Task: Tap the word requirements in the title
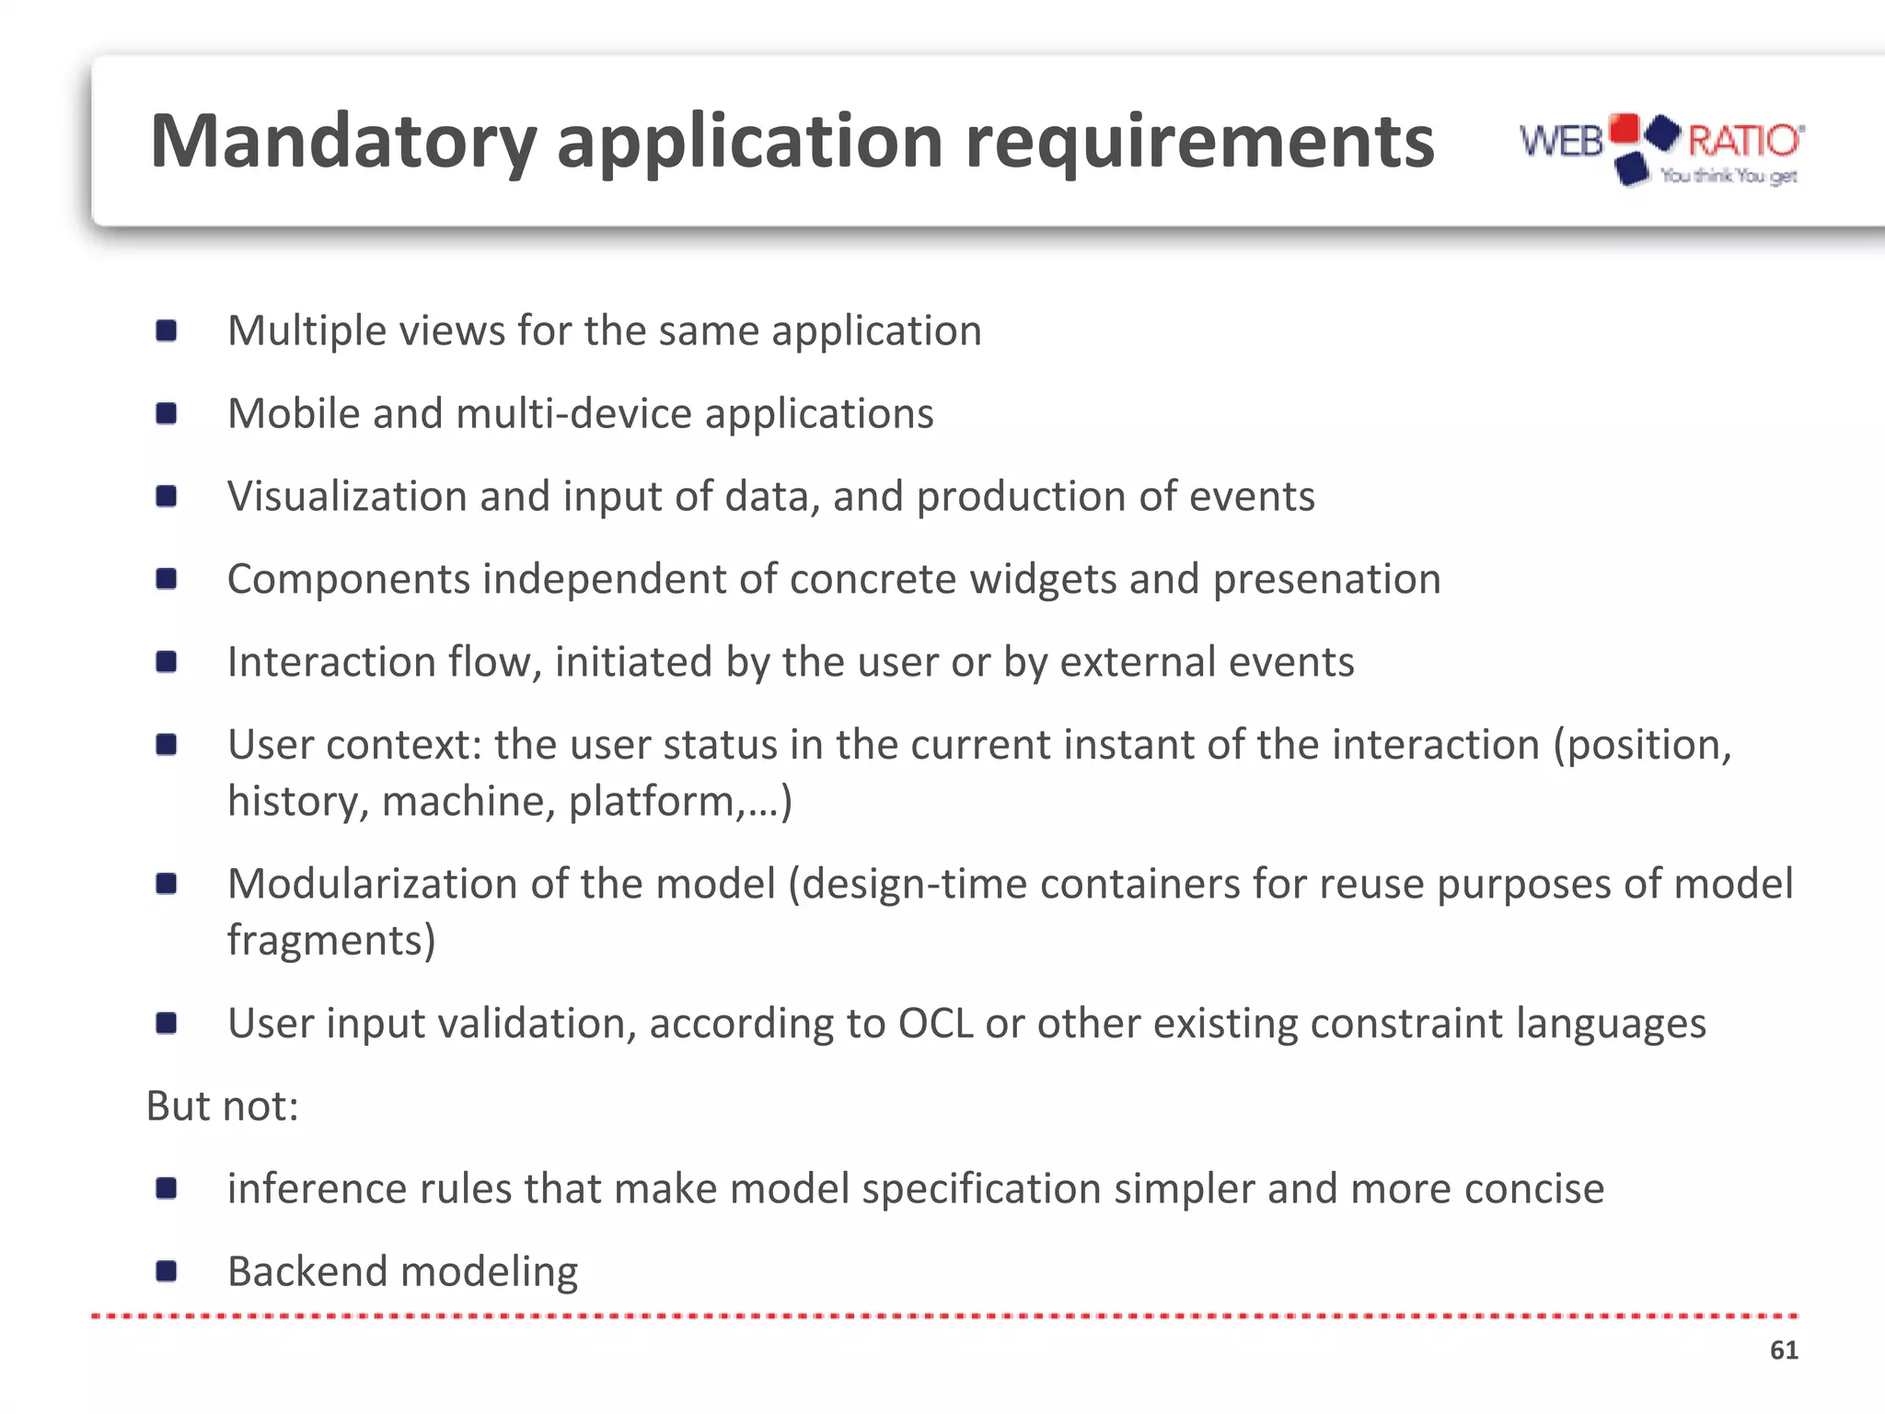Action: point(1199,143)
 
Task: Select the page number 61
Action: point(1783,1350)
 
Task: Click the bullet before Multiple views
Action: point(167,330)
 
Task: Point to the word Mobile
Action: point(294,413)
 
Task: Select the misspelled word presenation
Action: point(1326,580)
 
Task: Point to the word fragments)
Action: point(331,941)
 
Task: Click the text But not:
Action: point(223,1106)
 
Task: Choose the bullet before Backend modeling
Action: point(167,1272)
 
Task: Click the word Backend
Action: point(306,1272)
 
